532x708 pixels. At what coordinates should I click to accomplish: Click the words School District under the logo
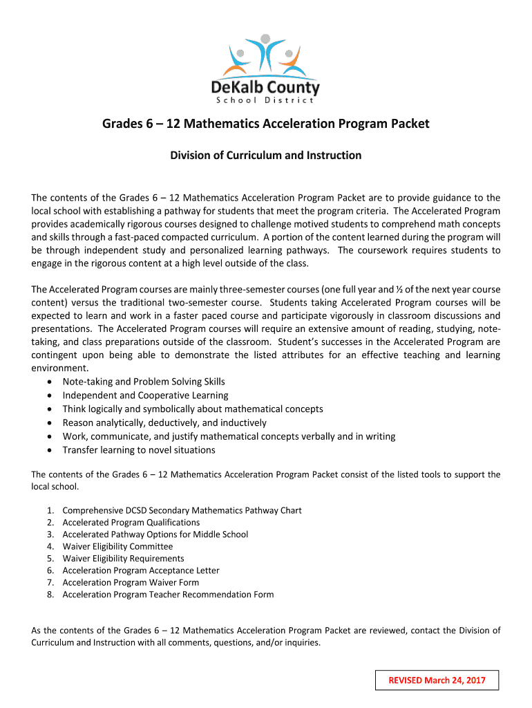(x=266, y=100)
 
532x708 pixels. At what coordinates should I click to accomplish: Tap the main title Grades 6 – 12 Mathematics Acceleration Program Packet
(x=266, y=124)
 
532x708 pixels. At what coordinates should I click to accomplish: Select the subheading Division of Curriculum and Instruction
(x=266, y=156)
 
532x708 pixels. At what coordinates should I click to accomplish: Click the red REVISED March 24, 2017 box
(x=436, y=680)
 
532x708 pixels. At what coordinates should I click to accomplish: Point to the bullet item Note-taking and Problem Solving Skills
(x=144, y=382)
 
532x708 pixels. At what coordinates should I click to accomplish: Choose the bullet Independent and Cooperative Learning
(x=145, y=395)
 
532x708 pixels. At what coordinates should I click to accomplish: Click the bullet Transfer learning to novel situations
(x=139, y=450)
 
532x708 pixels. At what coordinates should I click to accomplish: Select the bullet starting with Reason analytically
(x=164, y=422)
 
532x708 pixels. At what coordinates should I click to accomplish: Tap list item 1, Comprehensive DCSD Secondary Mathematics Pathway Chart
(x=182, y=510)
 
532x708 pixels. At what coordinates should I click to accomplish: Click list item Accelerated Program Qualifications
(x=131, y=523)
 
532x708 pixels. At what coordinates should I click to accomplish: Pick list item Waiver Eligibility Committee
(x=117, y=546)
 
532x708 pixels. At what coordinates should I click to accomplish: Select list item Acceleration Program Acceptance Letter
(x=141, y=570)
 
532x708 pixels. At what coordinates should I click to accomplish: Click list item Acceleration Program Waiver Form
(x=131, y=582)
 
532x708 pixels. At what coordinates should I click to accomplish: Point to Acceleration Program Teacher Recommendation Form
(x=168, y=595)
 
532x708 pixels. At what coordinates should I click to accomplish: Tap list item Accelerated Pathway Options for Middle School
(x=155, y=534)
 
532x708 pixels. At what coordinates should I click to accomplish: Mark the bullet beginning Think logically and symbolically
(x=193, y=409)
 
